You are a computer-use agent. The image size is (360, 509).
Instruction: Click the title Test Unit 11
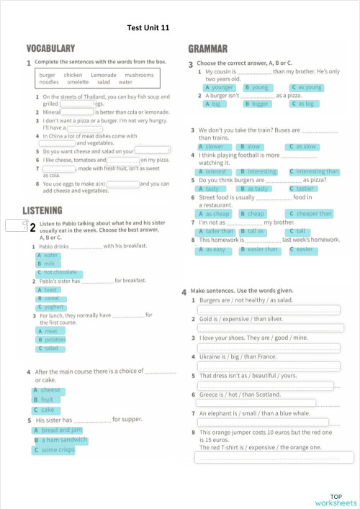point(148,27)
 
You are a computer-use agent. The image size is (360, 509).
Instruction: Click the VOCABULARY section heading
point(50,48)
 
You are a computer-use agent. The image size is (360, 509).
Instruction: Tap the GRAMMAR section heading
point(207,49)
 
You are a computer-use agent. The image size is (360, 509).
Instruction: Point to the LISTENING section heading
point(48,210)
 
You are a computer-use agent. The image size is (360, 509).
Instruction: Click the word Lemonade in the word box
point(103,75)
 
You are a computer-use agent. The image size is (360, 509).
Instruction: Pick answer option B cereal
point(50,298)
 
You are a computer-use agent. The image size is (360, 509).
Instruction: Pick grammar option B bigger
point(258,104)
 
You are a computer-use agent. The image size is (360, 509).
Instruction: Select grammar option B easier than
point(260,250)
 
